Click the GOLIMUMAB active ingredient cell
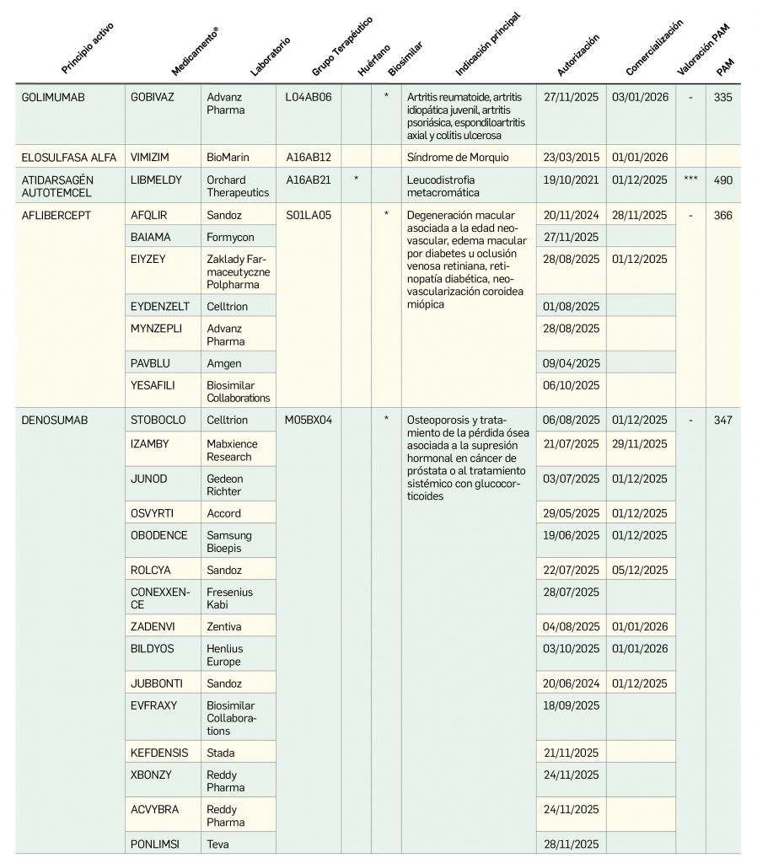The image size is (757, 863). click(x=53, y=97)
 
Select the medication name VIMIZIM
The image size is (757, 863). click(x=151, y=158)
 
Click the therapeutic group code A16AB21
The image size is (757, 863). click(x=309, y=180)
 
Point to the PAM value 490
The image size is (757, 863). click(x=723, y=180)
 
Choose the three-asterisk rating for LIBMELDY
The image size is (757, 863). click(x=690, y=180)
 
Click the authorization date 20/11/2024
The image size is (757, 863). click(x=572, y=215)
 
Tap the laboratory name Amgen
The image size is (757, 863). click(x=224, y=363)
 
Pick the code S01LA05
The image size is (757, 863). click(x=309, y=215)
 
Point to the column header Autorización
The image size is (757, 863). click(x=578, y=56)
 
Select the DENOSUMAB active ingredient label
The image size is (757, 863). click(x=55, y=420)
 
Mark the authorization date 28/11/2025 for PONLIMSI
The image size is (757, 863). click(x=572, y=844)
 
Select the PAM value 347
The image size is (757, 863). click(x=723, y=420)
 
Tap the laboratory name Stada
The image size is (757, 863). click(x=221, y=753)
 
